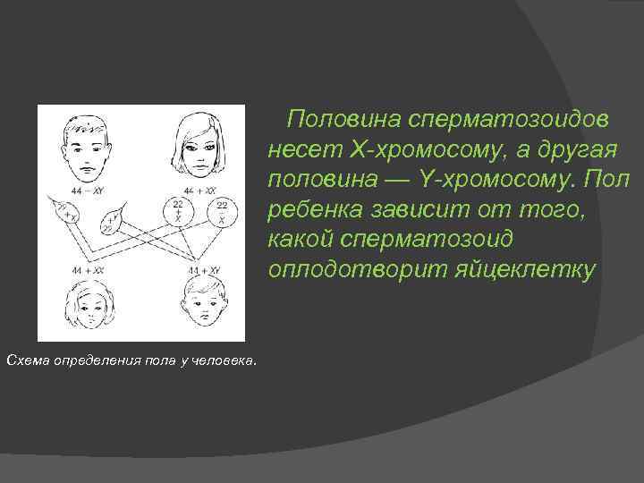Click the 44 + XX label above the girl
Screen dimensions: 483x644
tap(87, 268)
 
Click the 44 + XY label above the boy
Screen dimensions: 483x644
tap(205, 268)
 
